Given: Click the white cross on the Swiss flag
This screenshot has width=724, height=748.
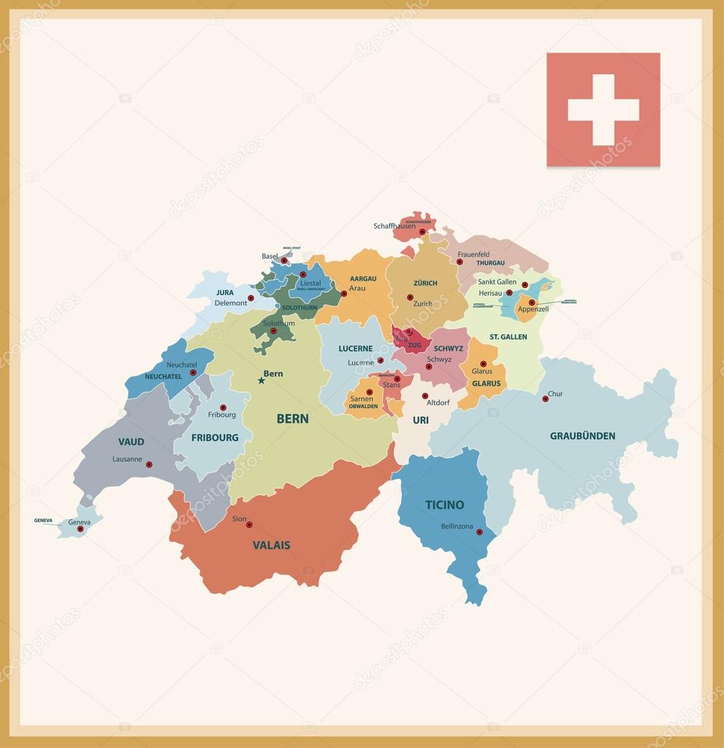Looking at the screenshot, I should point(603,110).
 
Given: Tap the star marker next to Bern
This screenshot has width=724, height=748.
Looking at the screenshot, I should point(261,381).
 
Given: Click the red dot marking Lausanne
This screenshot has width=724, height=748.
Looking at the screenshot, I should point(149,465).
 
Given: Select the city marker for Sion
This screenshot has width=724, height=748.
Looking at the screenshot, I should point(249,524).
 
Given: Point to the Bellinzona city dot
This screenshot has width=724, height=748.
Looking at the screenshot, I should point(479,532).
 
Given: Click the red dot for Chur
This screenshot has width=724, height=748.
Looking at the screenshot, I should point(545,399).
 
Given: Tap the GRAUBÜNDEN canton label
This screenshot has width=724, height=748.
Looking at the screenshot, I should point(582,436).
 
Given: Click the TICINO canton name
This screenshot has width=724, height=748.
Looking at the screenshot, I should point(444,505).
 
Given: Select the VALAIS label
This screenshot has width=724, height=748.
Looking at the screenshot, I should point(271,545).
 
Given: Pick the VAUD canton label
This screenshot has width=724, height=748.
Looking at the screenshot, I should point(132,442).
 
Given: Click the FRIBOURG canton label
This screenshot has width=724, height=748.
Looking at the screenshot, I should point(215,438).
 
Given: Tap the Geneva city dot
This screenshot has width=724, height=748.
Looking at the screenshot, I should point(80,529).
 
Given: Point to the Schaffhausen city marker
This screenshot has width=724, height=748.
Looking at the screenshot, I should point(422,232).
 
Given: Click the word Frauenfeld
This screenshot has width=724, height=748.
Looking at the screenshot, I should point(473,254).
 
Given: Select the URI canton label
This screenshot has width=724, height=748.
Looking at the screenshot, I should point(421,420).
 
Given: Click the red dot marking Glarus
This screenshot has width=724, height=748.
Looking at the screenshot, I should point(483,364).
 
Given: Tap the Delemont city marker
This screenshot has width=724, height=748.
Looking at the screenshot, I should point(251,298).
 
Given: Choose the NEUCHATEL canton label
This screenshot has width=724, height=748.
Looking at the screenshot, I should point(163,377).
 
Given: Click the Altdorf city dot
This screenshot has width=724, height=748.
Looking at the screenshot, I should point(425,396).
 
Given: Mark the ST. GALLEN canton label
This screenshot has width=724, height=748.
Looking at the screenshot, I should point(508,337).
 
